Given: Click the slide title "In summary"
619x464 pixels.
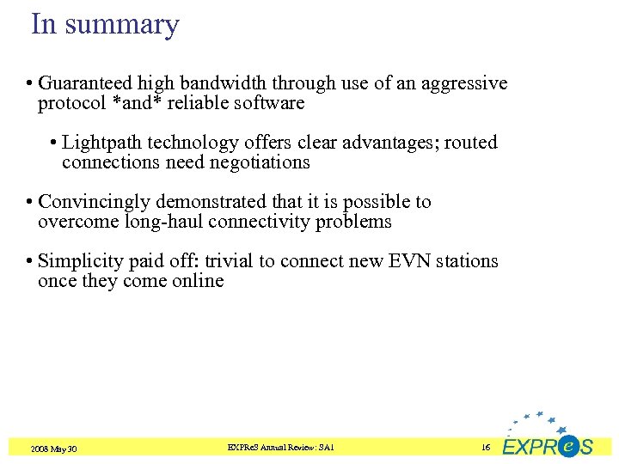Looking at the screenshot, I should [105, 24].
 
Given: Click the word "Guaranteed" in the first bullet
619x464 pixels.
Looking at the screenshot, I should [83, 83].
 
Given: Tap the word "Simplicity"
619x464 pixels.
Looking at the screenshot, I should [80, 261].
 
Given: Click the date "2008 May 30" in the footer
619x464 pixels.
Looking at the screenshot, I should [54, 449].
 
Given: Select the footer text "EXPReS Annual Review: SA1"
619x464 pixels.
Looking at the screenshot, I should [281, 448].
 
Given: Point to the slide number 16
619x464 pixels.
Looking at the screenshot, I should [486, 448].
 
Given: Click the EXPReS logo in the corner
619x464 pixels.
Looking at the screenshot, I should [548, 437].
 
